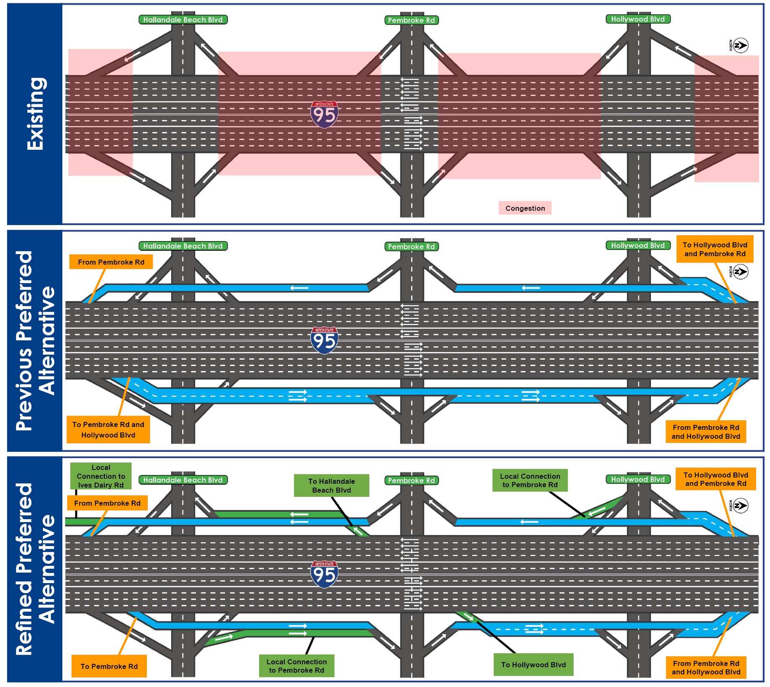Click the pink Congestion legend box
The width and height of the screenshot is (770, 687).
coord(525,208)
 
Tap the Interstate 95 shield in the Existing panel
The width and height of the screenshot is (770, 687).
coord(324,114)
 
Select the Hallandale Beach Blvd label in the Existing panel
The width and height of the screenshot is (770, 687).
coord(183,20)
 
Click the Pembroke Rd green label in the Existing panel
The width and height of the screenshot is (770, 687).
coord(411,20)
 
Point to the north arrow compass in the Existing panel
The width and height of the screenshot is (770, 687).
coord(740,45)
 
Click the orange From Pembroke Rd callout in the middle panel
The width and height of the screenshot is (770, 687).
coord(111,262)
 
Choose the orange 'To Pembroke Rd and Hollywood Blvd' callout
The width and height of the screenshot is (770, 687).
coord(108,430)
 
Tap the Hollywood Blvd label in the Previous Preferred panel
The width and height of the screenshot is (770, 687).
coord(638,245)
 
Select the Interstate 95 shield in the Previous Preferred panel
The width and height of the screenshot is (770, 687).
coord(324,340)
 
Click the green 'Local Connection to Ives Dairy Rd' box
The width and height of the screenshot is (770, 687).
coord(101,476)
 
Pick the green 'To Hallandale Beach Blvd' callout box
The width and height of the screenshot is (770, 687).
coord(331,485)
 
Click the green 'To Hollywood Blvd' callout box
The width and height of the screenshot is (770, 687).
coord(533,665)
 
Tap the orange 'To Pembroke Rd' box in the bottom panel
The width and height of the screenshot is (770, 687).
coord(109,666)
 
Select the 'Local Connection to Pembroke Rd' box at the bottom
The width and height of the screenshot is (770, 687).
coord(296,666)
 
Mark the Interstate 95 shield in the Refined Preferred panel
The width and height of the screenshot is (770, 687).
coord(324,574)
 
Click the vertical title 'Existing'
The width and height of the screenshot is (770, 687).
coord(35,114)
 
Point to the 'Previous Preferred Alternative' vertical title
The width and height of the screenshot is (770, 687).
coord(35,341)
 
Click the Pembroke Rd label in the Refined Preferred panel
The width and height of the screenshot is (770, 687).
coord(411,480)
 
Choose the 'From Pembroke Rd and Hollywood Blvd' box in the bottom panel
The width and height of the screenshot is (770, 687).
coord(706,668)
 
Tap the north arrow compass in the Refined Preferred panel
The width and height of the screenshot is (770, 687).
coord(740,506)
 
